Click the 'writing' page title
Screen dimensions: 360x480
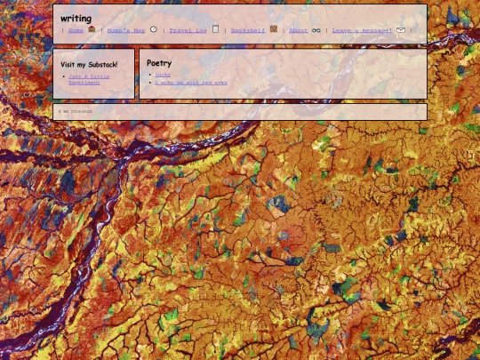tap(76, 18)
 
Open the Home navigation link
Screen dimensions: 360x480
tap(76, 30)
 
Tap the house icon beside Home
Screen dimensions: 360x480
tap(92, 29)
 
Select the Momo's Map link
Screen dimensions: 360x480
tap(125, 30)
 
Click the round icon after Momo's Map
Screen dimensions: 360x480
tap(154, 29)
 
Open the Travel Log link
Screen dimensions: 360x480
tap(188, 30)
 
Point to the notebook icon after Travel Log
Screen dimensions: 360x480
tap(215, 29)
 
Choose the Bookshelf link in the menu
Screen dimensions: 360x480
tap(248, 30)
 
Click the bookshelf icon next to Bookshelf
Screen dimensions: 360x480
tap(274, 29)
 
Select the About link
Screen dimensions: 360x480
tap(299, 30)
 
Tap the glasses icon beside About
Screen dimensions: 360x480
tap(316, 30)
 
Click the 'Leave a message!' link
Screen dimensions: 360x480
tap(362, 30)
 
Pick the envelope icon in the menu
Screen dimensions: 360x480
tap(401, 30)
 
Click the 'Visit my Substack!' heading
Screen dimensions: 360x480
tap(89, 64)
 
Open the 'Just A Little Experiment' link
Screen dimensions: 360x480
tap(89, 79)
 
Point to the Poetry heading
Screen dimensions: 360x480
tap(159, 63)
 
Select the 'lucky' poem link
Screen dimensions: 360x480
tap(163, 75)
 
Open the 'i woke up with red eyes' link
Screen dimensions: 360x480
tap(190, 83)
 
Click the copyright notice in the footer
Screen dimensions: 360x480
tap(75, 112)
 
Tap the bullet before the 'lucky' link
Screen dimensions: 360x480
tap(149, 76)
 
